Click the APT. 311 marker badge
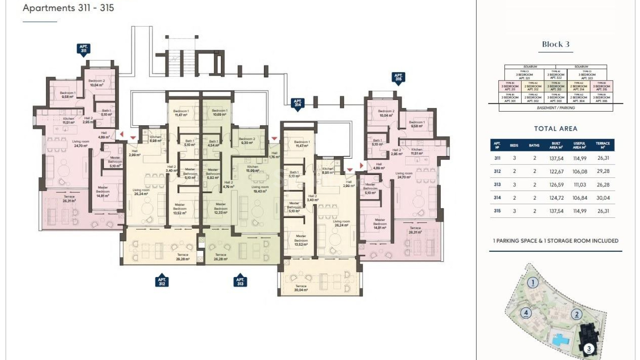[x=83, y=49]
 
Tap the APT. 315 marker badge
[x=398, y=77]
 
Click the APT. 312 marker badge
[x=162, y=282]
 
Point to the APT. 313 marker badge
[x=240, y=282]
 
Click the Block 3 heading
[x=555, y=44]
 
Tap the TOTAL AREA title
[x=555, y=129]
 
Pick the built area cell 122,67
[x=556, y=171]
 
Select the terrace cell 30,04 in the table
[x=603, y=198]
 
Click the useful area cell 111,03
[x=580, y=185]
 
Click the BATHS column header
[x=534, y=145]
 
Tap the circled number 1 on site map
[x=533, y=283]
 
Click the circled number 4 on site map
[x=526, y=313]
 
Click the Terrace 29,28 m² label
[x=183, y=257]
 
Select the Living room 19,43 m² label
[x=260, y=189]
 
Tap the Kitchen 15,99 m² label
[x=252, y=169]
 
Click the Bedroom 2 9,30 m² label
[x=247, y=141]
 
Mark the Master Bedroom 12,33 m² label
[x=220, y=208]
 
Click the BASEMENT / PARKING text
[x=555, y=108]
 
